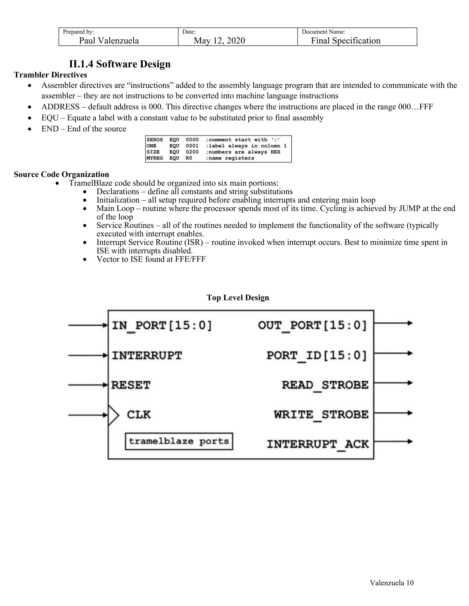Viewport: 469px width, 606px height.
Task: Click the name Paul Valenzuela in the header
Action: (x=109, y=41)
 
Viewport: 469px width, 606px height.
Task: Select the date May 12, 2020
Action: (x=219, y=41)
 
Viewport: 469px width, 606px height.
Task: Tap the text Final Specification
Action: (x=345, y=41)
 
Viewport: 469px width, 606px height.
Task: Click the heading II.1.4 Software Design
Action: (x=120, y=64)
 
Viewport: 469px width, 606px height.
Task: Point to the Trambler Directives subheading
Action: (x=50, y=75)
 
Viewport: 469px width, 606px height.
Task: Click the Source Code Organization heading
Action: (x=61, y=174)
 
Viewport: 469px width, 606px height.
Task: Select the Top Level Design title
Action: (x=237, y=298)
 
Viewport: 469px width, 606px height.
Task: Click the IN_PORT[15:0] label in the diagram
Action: (x=162, y=325)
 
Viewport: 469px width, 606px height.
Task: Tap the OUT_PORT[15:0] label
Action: (x=312, y=325)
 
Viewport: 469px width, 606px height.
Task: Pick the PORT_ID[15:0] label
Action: (x=317, y=355)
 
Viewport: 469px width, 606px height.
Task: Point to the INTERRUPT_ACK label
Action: (x=318, y=444)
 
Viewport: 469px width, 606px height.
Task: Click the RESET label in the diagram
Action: (x=131, y=385)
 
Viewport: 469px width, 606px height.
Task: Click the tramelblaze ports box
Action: (x=179, y=441)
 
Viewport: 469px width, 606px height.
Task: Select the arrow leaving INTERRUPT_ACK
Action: (x=393, y=441)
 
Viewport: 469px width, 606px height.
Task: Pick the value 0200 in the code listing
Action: (x=192, y=152)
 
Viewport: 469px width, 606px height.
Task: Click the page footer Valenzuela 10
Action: (x=391, y=583)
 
